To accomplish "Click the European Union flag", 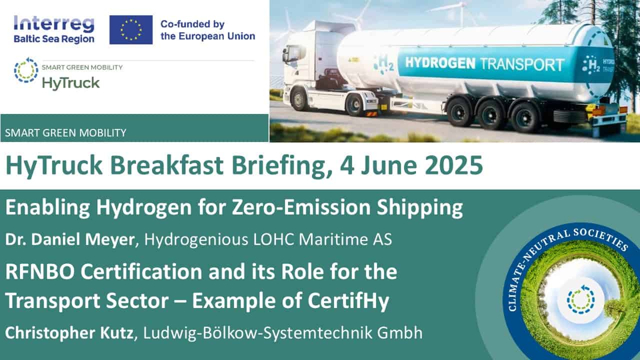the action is click(x=131, y=29).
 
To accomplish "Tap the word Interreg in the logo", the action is click(x=54, y=24).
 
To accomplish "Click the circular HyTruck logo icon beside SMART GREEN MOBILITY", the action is click(x=26, y=70).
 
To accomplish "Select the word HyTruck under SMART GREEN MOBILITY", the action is click(x=71, y=83).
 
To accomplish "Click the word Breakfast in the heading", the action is click(x=167, y=165).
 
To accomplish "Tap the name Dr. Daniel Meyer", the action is click(x=69, y=239).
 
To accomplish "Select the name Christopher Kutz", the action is click(x=69, y=333).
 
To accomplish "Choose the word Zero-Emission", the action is click(x=301, y=207).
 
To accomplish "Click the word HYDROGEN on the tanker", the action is click(x=440, y=63).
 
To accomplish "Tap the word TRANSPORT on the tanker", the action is click(x=523, y=64).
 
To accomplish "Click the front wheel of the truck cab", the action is click(x=299, y=99).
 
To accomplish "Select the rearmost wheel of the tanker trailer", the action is click(x=525, y=117).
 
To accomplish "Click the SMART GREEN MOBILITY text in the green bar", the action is click(x=65, y=133).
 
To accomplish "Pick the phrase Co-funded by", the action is click(x=192, y=24).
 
